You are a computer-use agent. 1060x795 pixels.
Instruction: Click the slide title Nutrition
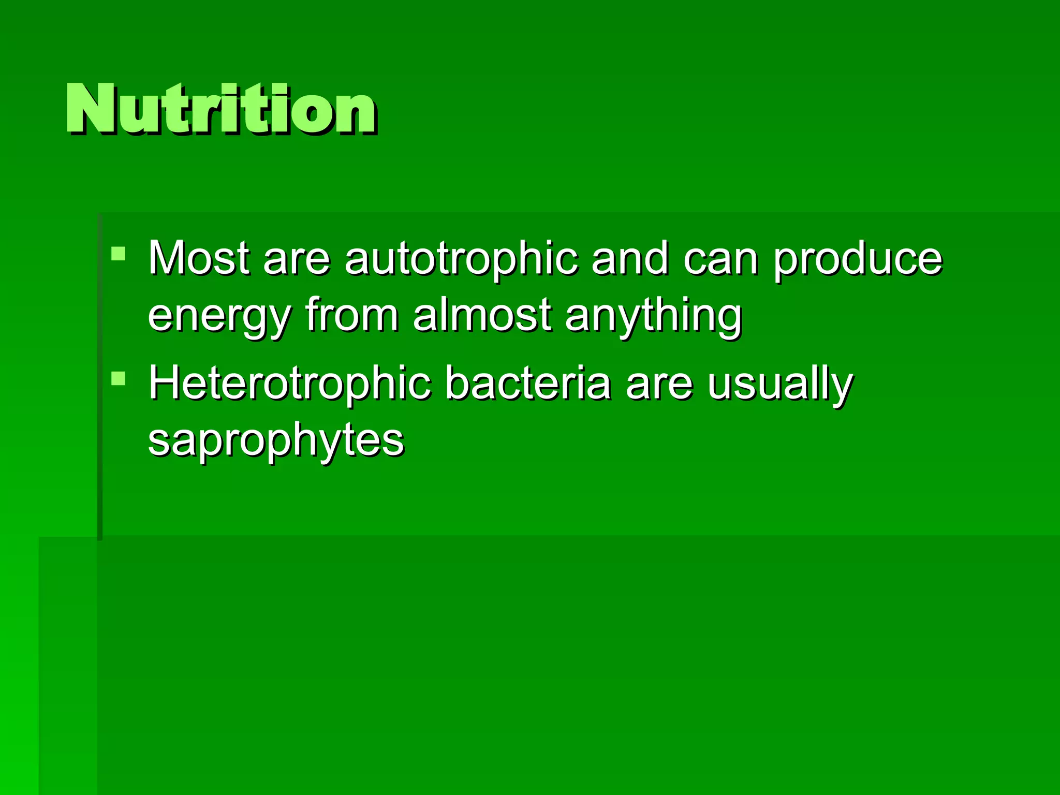click(x=221, y=110)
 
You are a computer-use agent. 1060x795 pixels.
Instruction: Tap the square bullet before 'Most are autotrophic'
click(x=119, y=254)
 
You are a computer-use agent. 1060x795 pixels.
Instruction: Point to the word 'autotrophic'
click(x=461, y=259)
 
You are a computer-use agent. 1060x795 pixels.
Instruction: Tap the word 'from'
click(x=352, y=315)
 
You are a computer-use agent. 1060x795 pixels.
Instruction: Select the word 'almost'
click(x=482, y=314)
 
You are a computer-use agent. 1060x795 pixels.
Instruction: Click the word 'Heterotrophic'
click(x=290, y=384)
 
